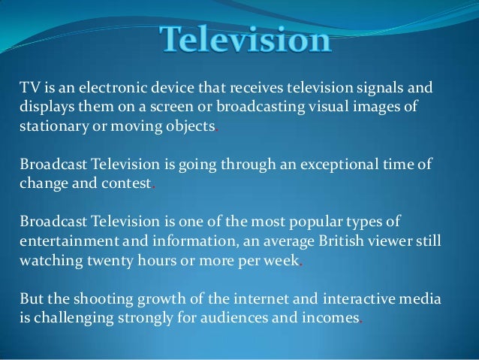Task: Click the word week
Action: click(x=282, y=261)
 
